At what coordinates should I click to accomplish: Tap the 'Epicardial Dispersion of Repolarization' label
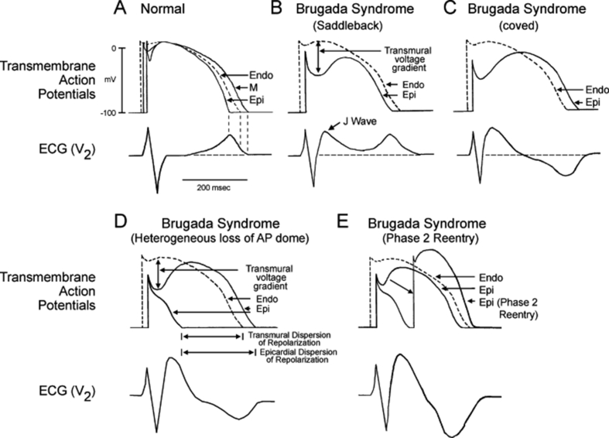click(x=291, y=358)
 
